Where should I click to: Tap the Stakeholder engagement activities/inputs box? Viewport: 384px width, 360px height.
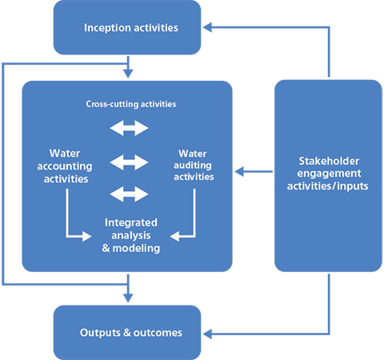pyautogui.click(x=328, y=175)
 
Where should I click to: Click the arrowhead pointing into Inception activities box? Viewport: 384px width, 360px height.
pyautogui.click(x=207, y=28)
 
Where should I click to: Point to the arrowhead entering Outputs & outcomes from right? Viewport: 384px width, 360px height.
pyautogui.click(x=207, y=331)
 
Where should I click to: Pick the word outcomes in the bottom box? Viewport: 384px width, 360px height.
pyautogui.click(x=158, y=332)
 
